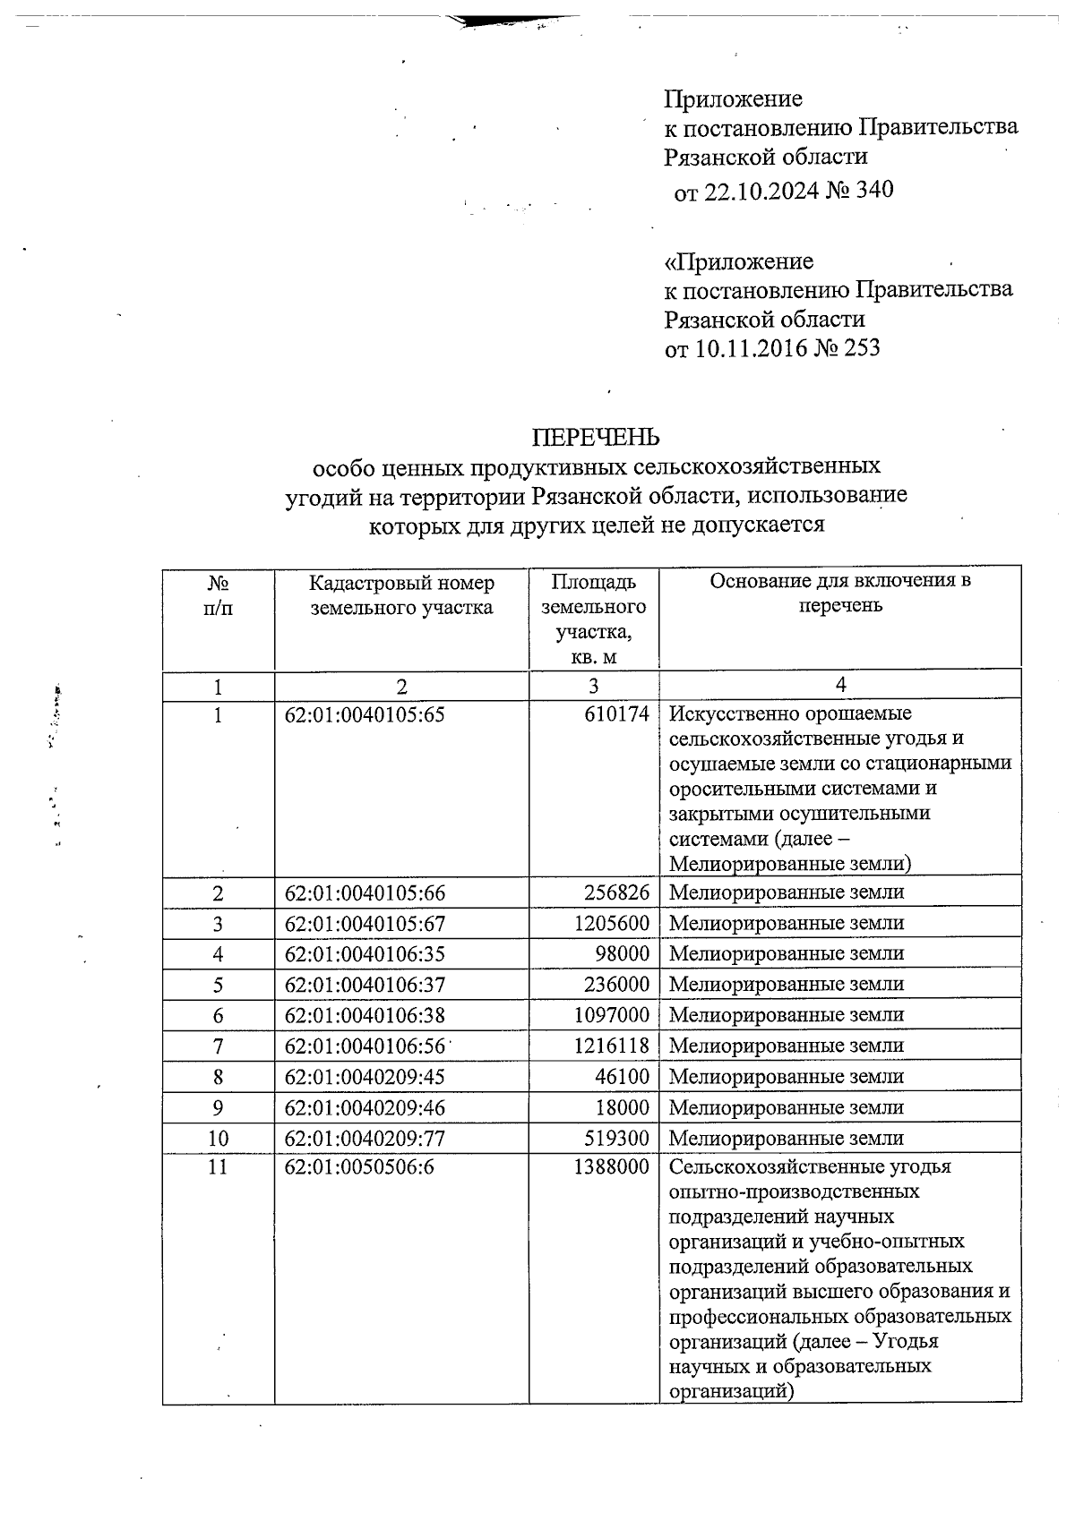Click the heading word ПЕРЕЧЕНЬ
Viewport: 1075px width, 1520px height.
coord(596,437)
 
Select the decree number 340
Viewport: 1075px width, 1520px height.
coord(874,190)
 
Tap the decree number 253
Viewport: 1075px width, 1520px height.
coord(861,347)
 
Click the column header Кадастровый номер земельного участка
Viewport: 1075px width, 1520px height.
coord(401,595)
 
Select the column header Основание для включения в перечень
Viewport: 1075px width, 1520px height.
coord(839,593)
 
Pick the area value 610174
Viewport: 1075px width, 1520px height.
coord(615,714)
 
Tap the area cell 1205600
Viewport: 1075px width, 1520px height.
coord(611,923)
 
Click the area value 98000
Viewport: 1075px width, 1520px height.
coord(622,954)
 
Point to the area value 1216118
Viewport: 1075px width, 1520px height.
coord(611,1046)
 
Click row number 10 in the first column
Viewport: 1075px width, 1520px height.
coord(218,1139)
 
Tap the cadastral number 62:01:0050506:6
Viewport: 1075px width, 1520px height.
coord(359,1167)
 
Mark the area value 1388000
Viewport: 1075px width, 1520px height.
coord(611,1167)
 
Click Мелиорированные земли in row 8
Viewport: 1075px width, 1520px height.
coord(786,1077)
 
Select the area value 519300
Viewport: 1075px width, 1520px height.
coord(616,1139)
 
